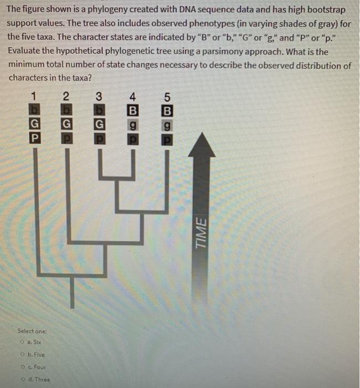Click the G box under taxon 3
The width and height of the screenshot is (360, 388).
pyautogui.click(x=99, y=122)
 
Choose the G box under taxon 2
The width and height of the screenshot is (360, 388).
pyautogui.click(x=66, y=122)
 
